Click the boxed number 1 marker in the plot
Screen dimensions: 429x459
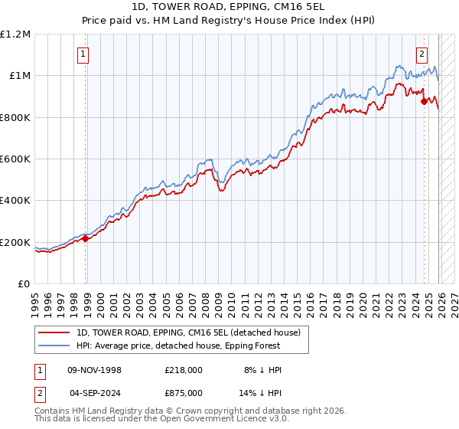pyautogui.click(x=82, y=54)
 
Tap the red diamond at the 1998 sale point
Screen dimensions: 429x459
pyautogui.click(x=86, y=238)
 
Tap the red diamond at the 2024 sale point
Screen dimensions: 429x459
pyautogui.click(x=425, y=100)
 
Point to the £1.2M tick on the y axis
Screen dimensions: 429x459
pyautogui.click(x=15, y=34)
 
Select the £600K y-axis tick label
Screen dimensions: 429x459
pyautogui.click(x=15, y=159)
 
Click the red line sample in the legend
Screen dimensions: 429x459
pyautogui.click(x=54, y=332)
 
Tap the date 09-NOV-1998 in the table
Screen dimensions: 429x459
pyautogui.click(x=95, y=370)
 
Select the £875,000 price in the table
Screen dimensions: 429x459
pyautogui.click(x=184, y=392)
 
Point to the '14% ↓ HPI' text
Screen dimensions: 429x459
pyautogui.click(x=261, y=392)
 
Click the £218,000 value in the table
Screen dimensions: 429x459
pyautogui.click(x=184, y=370)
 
